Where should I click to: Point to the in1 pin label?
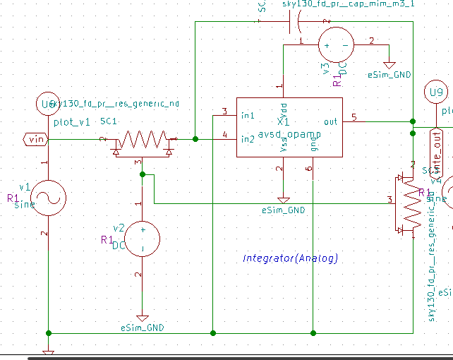[x=248, y=115]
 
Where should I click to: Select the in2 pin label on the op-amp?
[x=248, y=138]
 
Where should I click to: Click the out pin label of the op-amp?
[x=330, y=121]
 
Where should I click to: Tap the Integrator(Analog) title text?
[x=290, y=258]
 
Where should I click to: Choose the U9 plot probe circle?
[x=436, y=92]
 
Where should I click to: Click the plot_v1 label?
[x=72, y=122]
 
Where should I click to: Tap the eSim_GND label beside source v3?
[x=389, y=74]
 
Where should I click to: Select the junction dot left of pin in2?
[x=195, y=139]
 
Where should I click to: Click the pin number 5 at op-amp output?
[x=354, y=116]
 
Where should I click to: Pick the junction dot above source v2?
[x=142, y=174]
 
